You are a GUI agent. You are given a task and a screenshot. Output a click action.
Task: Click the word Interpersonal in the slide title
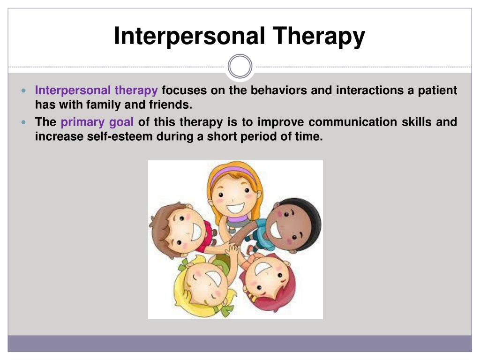tap(189, 37)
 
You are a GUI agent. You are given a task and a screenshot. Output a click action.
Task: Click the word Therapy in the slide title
tap(319, 37)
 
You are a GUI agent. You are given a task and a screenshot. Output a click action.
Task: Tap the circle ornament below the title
tap(240, 66)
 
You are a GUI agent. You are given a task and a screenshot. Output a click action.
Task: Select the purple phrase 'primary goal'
tap(97, 122)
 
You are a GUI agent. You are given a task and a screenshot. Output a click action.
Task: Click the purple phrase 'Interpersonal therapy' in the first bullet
tap(97, 90)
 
